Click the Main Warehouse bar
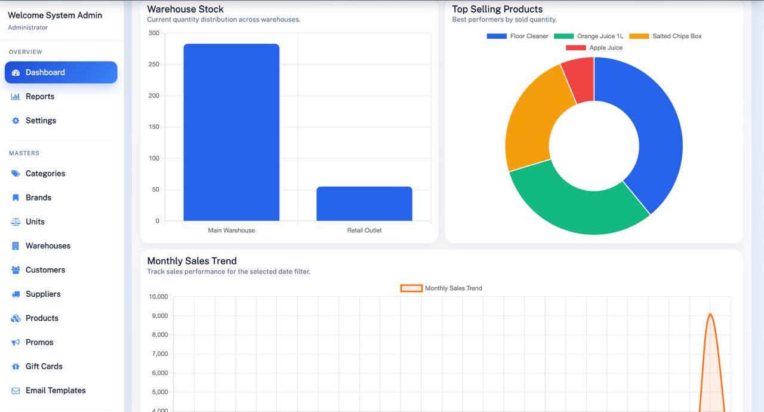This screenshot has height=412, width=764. [x=231, y=133]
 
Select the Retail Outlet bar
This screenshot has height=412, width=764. [x=364, y=204]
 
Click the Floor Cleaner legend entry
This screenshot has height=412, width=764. [x=517, y=36]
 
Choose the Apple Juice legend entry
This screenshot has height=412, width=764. [x=594, y=48]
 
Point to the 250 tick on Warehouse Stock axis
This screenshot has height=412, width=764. [x=153, y=64]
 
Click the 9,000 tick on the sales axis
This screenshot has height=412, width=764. [x=158, y=316]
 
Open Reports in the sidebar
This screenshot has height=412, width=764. [x=40, y=97]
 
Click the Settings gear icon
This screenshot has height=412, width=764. [x=16, y=121]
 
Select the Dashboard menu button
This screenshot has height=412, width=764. [x=61, y=72]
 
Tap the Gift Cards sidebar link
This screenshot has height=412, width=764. [x=44, y=367]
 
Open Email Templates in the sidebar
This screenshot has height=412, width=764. [x=56, y=391]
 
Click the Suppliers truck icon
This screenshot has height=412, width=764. [x=16, y=294]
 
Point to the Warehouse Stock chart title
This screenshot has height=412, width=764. [x=186, y=9]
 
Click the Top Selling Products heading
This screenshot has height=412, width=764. [x=497, y=9]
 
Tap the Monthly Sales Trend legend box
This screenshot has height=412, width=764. [x=411, y=288]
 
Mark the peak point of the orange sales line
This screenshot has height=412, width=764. [x=710, y=314]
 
